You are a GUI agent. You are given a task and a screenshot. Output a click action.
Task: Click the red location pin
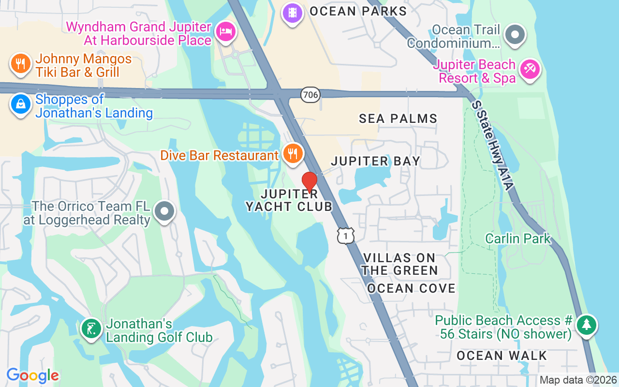309,182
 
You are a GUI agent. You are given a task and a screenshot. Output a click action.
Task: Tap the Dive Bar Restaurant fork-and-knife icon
293,153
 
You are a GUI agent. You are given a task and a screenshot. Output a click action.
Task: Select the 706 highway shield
310,95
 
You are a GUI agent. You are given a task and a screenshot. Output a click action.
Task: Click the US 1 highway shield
346,236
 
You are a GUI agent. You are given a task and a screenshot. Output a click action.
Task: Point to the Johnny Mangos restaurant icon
20,63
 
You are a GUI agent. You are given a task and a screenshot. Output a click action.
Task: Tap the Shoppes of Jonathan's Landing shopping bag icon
21,104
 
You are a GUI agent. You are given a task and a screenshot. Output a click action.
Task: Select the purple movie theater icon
292,12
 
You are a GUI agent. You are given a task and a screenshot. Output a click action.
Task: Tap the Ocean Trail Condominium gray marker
515,35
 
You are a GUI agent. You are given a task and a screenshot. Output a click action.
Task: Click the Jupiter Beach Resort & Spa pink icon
530,70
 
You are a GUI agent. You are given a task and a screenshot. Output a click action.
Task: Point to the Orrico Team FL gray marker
164,211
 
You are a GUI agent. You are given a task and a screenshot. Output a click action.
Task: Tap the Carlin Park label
518,238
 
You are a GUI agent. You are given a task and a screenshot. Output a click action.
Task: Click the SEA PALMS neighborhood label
398,119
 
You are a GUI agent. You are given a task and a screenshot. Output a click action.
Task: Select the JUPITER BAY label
375,161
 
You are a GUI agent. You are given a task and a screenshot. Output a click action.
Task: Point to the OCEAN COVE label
411,288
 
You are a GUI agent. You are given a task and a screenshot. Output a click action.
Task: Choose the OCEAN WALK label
501,356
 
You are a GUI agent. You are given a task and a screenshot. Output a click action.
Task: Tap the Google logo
33,375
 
